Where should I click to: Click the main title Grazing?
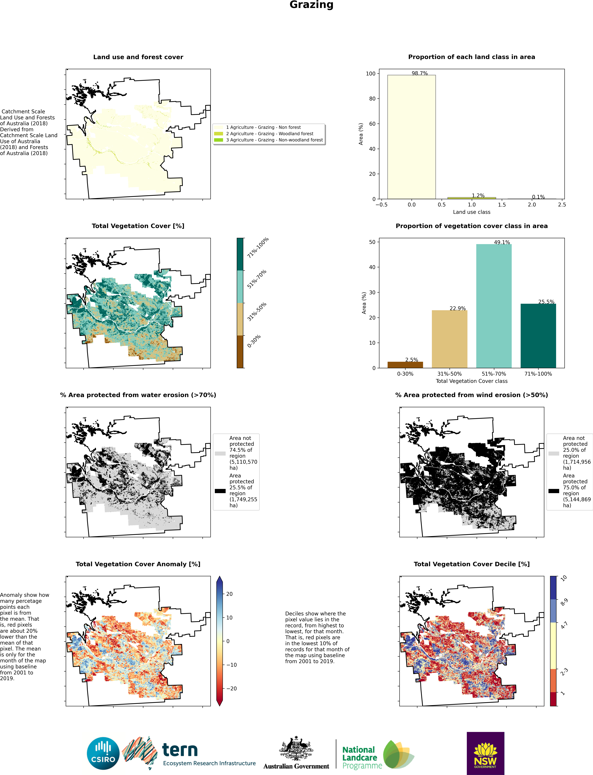(x=311, y=5)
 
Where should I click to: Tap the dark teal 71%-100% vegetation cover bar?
(x=538, y=335)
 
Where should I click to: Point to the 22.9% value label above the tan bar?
(x=458, y=308)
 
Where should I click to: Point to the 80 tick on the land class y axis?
(x=372, y=99)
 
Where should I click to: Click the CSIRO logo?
(x=103, y=753)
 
